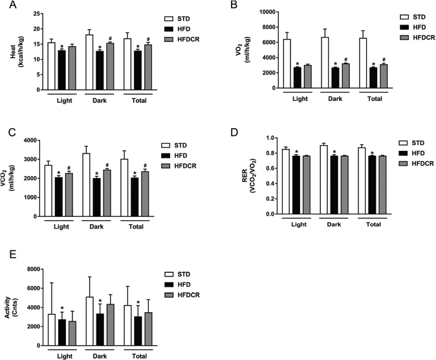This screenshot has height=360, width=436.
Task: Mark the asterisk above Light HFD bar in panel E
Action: (x=62, y=308)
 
